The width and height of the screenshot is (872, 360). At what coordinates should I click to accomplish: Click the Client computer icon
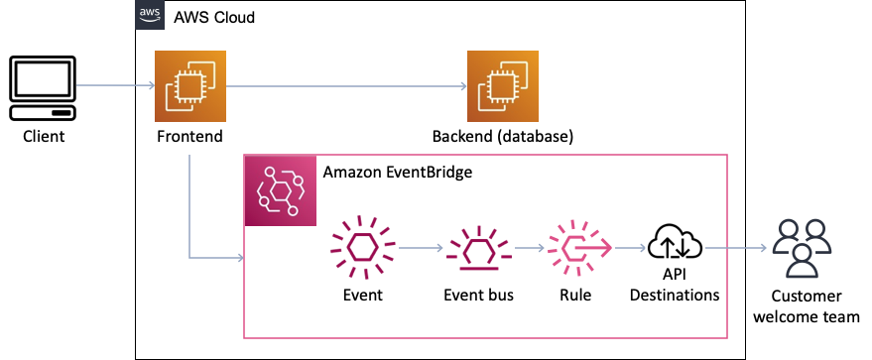(x=43, y=87)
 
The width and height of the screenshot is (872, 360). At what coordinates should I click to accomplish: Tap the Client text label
(x=44, y=136)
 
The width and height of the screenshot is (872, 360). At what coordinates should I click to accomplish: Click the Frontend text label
(x=187, y=136)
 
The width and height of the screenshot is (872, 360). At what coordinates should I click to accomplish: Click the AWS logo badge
(x=150, y=16)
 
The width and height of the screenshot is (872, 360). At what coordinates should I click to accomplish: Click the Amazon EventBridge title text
(x=398, y=172)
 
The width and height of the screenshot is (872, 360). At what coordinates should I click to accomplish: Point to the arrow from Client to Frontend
(x=114, y=86)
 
